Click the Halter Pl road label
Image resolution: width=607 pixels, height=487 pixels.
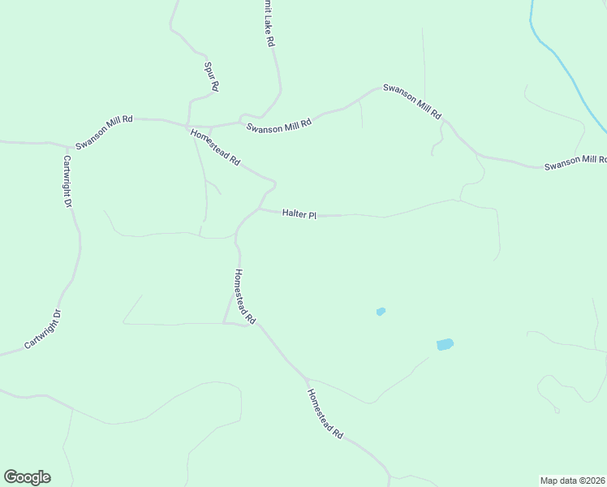tap(299, 214)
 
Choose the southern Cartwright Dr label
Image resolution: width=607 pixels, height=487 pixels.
tap(43, 329)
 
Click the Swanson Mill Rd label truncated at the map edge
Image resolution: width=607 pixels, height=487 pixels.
tap(575, 162)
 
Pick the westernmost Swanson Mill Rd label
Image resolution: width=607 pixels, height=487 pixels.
tap(104, 131)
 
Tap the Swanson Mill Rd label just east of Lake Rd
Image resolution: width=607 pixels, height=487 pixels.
tap(279, 127)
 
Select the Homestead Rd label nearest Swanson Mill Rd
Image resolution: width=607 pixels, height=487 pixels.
tap(216, 148)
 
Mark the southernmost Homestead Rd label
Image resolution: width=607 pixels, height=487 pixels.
tap(325, 413)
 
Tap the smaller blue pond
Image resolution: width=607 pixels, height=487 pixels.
tap(381, 311)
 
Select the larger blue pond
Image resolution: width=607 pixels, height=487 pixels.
tap(445, 344)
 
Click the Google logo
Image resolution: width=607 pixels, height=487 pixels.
tap(27, 477)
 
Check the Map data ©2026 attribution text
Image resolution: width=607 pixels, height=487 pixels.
tap(573, 481)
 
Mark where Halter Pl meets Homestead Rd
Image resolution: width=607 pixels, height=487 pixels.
tap(258, 209)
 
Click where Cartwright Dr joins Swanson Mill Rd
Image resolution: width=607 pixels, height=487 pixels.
tap(63, 144)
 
